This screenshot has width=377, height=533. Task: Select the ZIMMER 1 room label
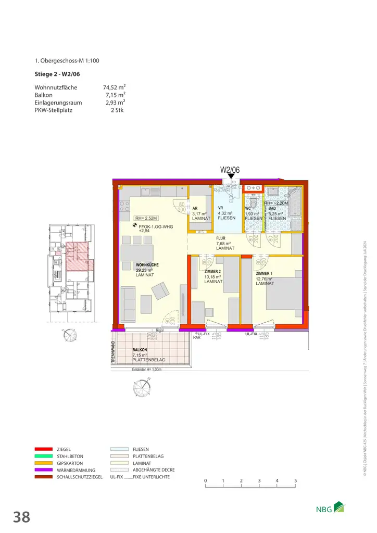[264, 273]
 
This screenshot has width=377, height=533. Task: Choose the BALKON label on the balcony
[140, 350]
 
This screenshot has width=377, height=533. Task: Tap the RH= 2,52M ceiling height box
[146, 218]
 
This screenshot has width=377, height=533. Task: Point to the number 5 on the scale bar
[295, 480]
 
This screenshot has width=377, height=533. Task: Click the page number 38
[21, 517]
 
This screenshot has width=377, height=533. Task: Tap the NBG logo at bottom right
[331, 510]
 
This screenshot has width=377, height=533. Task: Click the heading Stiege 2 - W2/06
[57, 73]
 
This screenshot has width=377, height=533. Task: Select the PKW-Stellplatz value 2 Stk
[117, 110]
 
